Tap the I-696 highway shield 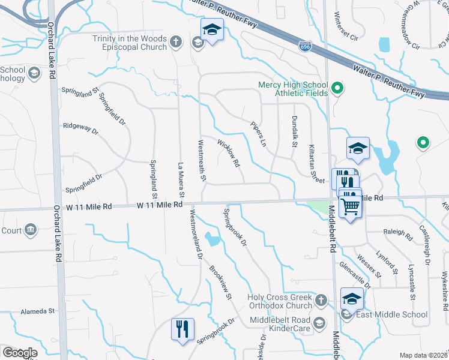(306, 46)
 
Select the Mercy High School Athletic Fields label (293, 89)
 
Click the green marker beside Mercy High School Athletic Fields (337, 89)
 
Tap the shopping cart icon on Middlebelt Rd (351, 206)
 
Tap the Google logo (20, 353)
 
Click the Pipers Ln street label (259, 134)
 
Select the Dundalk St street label (295, 131)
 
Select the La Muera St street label (181, 179)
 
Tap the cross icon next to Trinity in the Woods (175, 41)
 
